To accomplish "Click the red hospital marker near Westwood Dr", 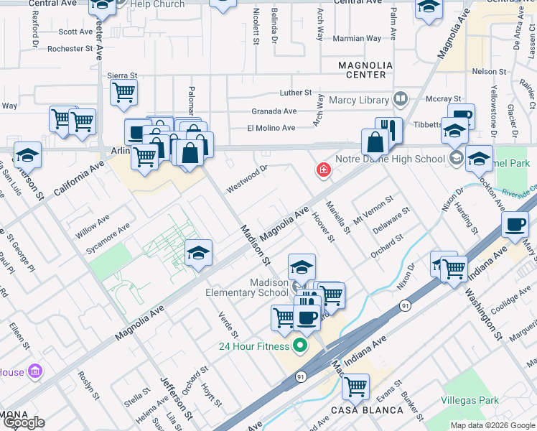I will (x=324, y=170).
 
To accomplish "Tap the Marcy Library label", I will (x=358, y=100).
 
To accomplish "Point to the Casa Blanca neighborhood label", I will (x=357, y=410).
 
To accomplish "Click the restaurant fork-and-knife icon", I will (x=388, y=129).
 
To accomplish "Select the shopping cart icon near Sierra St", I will (x=123, y=92).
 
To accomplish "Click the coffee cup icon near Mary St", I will (x=514, y=224).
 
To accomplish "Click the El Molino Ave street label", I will (x=271, y=128).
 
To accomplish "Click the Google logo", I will (x=23, y=422).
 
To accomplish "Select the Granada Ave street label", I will (x=274, y=111).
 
